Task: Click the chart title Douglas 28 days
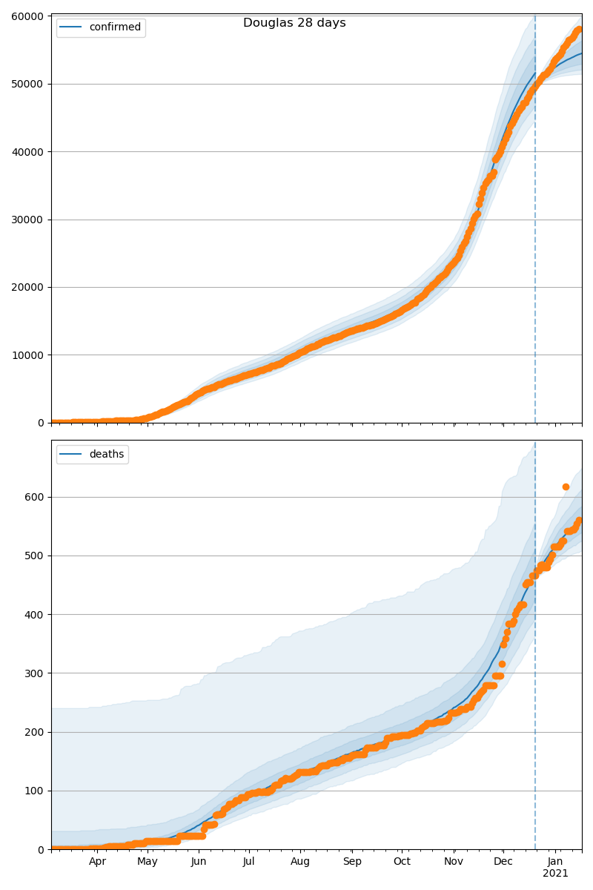[x=294, y=23]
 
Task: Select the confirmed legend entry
[x=115, y=27]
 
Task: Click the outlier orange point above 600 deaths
[x=566, y=487]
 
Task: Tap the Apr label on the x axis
[x=98, y=862]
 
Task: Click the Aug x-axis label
[x=300, y=862]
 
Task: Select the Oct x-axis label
[x=401, y=862]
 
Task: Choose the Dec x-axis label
[x=503, y=862]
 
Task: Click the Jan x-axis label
[x=555, y=862]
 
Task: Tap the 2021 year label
[x=555, y=874]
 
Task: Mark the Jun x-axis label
[x=199, y=862]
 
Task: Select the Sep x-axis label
[x=352, y=862]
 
